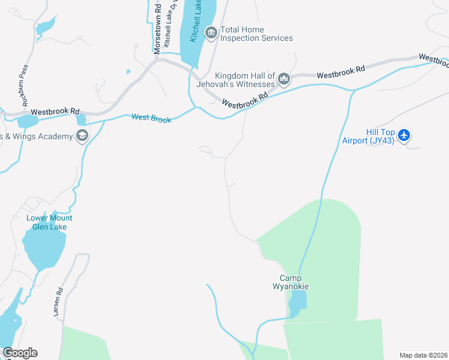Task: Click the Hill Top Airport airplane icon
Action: (404, 135)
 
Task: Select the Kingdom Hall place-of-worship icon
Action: (284, 78)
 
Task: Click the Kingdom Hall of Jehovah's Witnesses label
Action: (245, 80)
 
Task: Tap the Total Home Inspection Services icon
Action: (211, 33)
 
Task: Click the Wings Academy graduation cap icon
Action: (82, 136)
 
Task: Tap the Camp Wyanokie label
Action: (294, 282)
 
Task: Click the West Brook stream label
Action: (151, 118)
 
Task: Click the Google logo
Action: (20, 353)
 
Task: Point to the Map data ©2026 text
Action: (423, 355)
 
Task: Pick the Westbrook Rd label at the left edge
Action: (55, 112)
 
